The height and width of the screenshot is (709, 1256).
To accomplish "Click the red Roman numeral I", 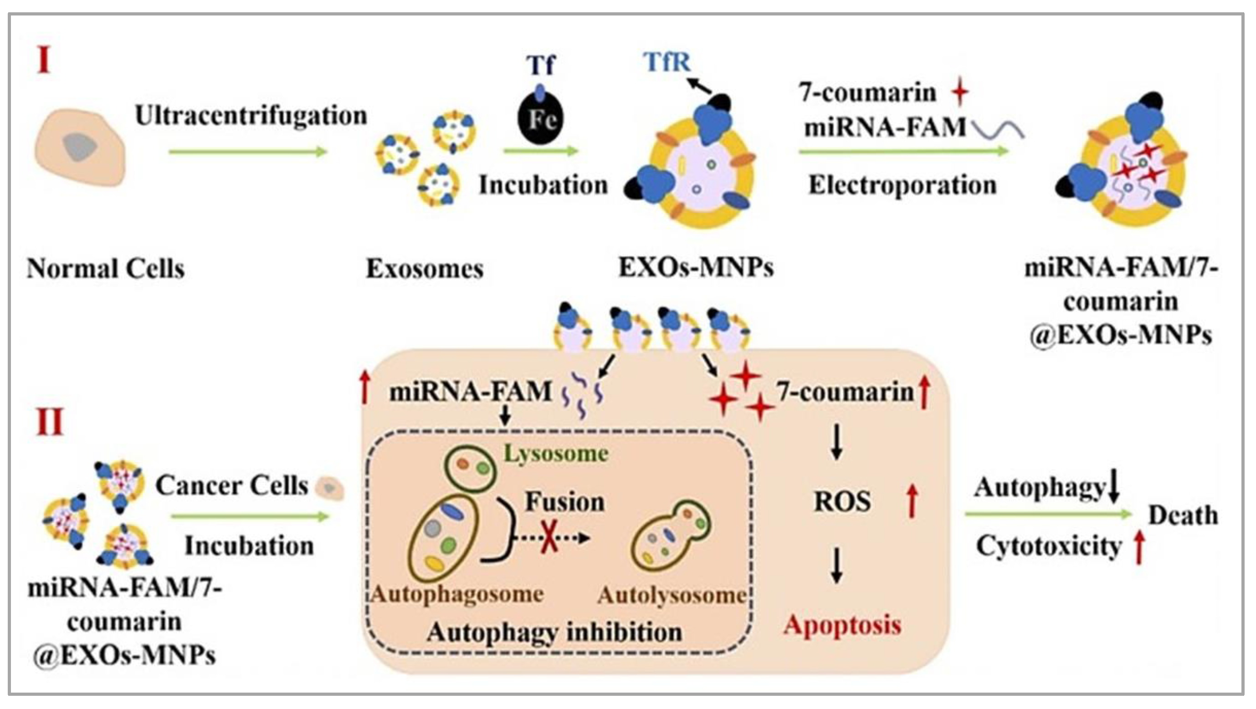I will point(44,61).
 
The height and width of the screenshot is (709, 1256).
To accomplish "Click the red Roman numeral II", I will point(50,422).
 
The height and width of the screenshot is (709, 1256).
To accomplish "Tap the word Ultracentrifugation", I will point(251,117).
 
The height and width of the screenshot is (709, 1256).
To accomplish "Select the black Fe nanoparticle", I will point(540,119).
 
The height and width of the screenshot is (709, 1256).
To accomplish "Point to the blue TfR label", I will point(667,62).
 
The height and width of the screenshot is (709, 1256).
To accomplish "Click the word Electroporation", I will point(902,186).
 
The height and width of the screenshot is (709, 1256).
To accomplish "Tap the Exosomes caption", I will point(425,269).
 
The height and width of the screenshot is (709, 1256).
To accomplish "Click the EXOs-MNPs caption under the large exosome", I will point(696,267).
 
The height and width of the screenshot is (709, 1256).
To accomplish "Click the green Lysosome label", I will point(556,454).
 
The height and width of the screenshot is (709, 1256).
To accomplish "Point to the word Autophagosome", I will point(457,594).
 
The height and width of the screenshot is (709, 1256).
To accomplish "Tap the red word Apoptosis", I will point(842,625).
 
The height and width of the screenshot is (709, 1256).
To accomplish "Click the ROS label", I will point(842,502).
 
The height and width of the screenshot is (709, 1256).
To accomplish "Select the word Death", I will point(1183,515).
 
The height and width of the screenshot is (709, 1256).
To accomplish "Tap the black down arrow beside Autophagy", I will point(1113,487).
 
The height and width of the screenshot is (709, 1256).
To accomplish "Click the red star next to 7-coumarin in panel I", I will point(960,92).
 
